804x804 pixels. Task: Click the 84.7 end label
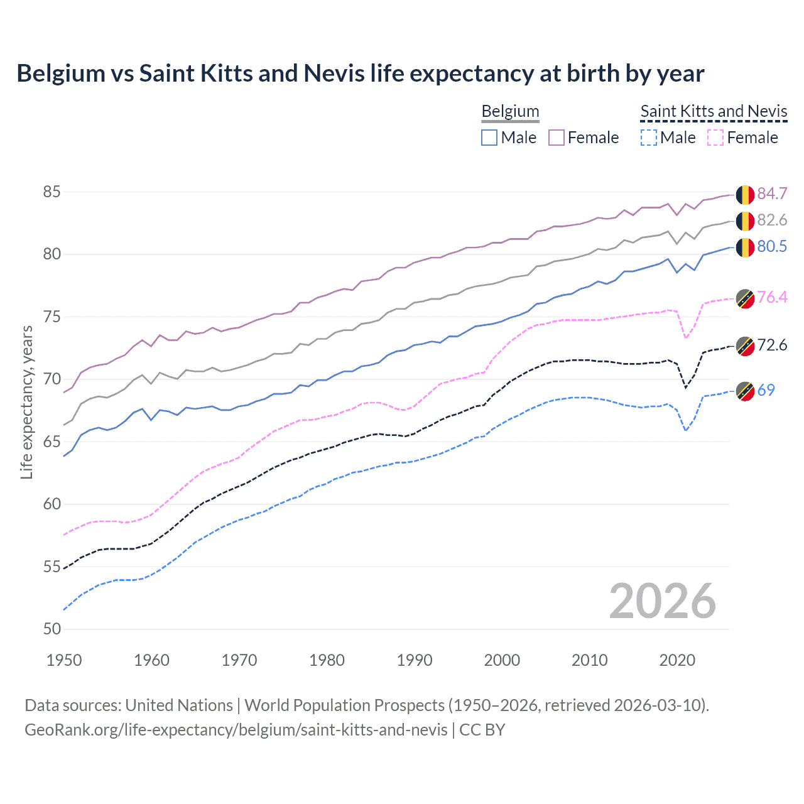[772, 193]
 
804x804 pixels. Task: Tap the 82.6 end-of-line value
[772, 220]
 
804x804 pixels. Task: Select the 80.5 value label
[772, 246]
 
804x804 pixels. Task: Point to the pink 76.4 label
[772, 297]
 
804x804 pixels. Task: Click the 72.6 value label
[772, 345]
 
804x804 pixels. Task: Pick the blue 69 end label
[766, 390]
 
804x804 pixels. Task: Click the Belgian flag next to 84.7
[745, 195]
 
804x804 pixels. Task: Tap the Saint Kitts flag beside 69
[745, 391]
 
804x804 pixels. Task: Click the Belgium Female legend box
[557, 138]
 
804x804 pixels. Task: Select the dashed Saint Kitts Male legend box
[648, 138]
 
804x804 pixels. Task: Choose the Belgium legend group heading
[510, 111]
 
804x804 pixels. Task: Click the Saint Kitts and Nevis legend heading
[714, 111]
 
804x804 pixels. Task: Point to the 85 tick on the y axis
[52, 192]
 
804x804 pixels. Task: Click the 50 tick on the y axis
[52, 629]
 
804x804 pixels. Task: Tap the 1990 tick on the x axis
[415, 660]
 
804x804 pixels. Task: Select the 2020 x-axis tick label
[677, 660]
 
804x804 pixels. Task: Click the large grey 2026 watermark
[662, 601]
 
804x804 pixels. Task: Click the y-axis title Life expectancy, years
[26, 402]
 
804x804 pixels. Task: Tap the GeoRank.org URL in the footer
[236, 730]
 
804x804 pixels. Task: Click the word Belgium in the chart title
[61, 73]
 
